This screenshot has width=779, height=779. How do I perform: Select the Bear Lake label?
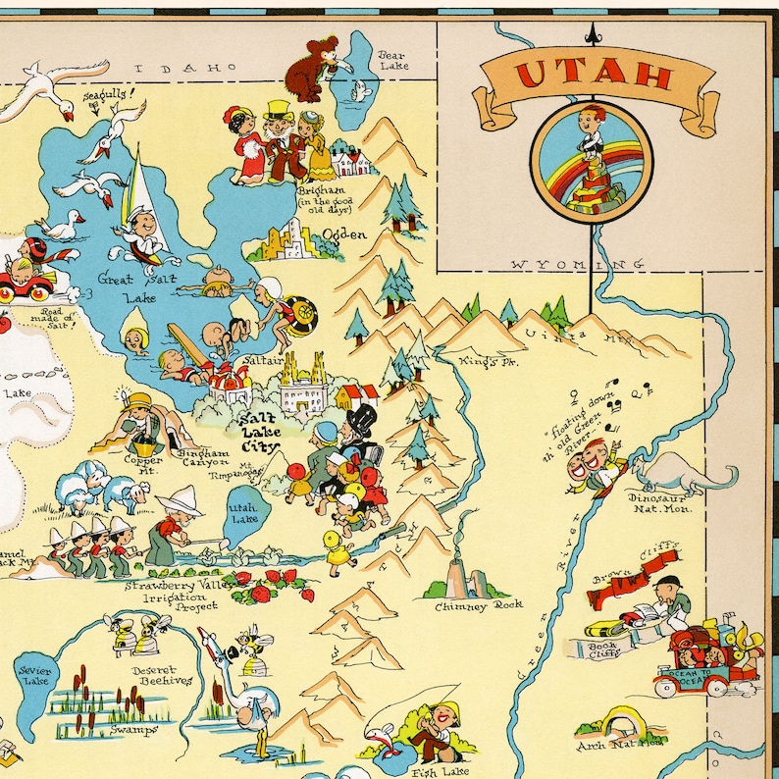pos(390,62)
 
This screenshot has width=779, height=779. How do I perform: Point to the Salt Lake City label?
pos(259,432)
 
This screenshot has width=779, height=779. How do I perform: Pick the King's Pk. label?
pos(477,361)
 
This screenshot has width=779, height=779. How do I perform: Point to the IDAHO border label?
pos(186,70)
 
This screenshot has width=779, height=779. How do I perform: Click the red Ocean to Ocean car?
pos(701,657)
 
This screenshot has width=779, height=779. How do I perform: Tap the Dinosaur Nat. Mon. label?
pos(660,503)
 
